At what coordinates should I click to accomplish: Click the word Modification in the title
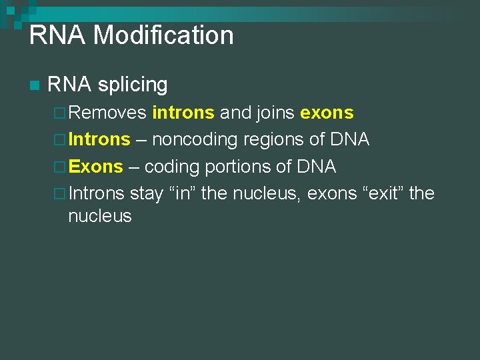(163, 35)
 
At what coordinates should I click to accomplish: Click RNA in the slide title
(58, 35)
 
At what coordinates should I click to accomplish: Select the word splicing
(132, 85)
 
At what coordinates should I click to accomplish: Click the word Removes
(107, 113)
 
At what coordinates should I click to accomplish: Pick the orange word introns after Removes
(183, 113)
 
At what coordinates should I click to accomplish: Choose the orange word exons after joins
(327, 113)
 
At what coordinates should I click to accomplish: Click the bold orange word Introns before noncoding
(99, 140)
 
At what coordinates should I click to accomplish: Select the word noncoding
(195, 140)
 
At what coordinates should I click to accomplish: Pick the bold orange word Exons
(96, 167)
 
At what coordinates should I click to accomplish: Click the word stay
(147, 194)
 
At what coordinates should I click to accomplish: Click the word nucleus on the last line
(100, 216)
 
